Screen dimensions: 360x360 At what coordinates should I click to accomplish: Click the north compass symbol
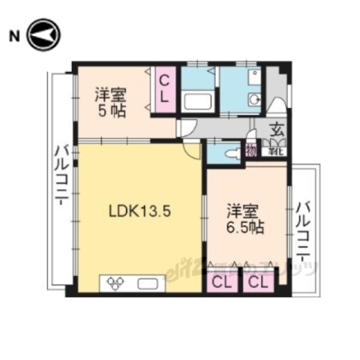pyautogui.click(x=43, y=35)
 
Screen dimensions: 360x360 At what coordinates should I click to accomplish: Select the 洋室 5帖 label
pyautogui.click(x=110, y=102)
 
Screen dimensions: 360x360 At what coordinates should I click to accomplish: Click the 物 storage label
pyautogui.click(x=250, y=151)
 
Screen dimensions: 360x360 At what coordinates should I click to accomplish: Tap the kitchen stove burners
pyautogui.click(x=116, y=283)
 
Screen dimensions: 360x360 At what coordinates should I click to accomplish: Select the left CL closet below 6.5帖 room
pyautogui.click(x=222, y=282)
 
